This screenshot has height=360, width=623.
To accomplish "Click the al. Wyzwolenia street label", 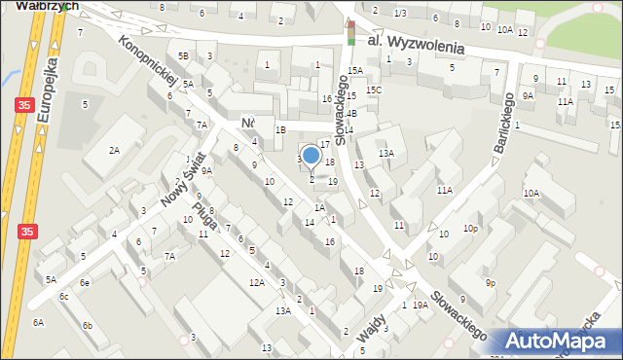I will pyautogui.click(x=416, y=45).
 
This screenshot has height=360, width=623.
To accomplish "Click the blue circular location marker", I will pyautogui.click(x=311, y=155).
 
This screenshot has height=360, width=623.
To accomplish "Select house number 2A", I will pyautogui.click(x=114, y=150).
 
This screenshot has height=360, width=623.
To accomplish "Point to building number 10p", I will pyautogui.click(x=471, y=229).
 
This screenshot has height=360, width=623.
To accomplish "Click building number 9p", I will pyautogui.click(x=492, y=283).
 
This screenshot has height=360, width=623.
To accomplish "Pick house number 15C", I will pyautogui.click(x=375, y=90).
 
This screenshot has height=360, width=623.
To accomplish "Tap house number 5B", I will pyautogui.click(x=182, y=56).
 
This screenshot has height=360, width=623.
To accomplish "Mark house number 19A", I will pyautogui.click(x=420, y=306).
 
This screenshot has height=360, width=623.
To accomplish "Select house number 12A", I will pyautogui.click(x=256, y=282).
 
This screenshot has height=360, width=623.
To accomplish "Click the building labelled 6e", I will pyautogui.click(x=85, y=282).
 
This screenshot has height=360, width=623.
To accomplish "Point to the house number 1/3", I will pyautogui.click(x=400, y=13).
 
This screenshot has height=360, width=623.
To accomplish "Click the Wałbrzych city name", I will pyautogui.click(x=31, y=5).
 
